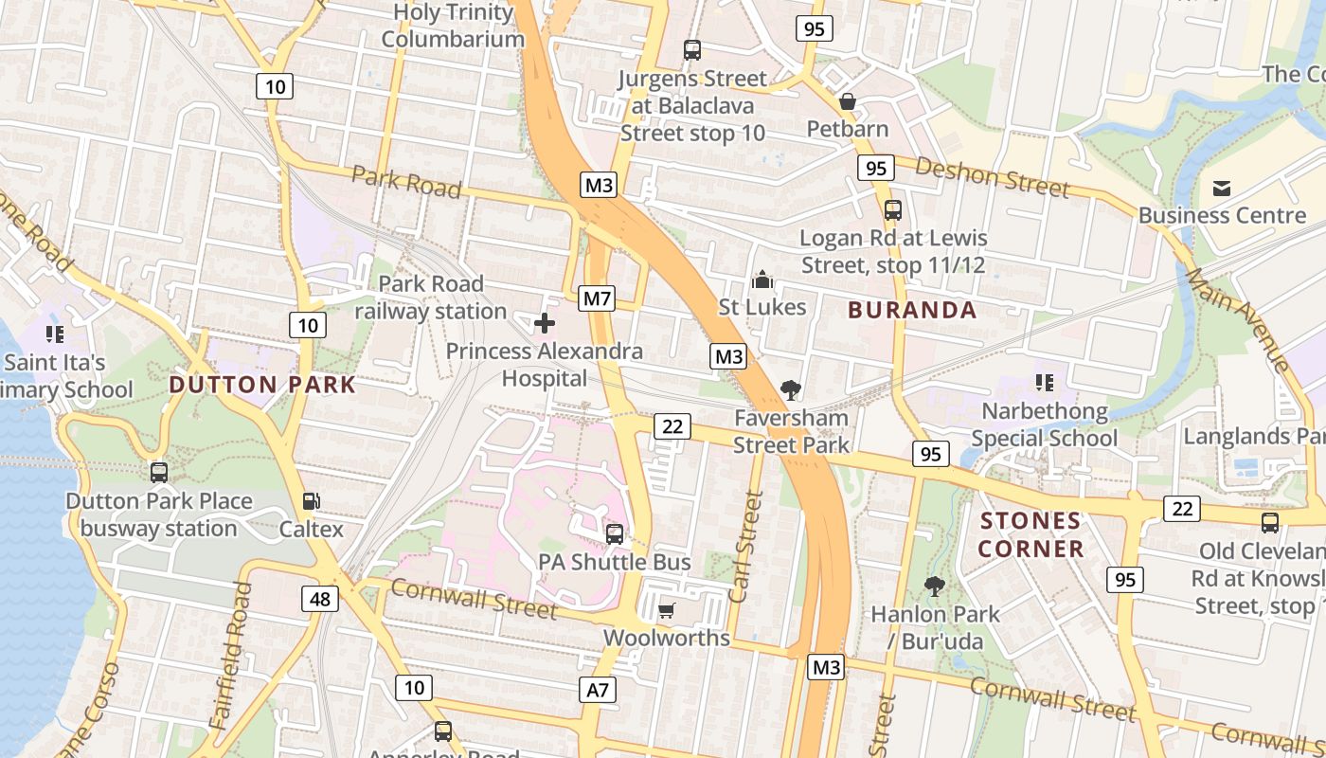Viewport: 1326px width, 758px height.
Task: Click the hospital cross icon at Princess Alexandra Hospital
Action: (545, 324)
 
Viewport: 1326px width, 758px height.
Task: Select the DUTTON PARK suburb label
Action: (262, 385)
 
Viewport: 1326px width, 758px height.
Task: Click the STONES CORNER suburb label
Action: (1030, 534)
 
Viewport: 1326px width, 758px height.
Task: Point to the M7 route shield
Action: (597, 299)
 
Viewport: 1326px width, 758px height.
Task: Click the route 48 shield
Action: (320, 599)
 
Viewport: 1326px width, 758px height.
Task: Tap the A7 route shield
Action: (598, 690)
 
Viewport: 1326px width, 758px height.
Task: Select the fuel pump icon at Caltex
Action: (311, 501)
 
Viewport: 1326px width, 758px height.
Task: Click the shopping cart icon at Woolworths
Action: (667, 610)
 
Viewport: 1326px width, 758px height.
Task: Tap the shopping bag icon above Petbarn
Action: (848, 100)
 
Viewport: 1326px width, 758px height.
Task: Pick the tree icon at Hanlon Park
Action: (935, 587)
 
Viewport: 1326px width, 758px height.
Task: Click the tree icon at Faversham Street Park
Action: (790, 389)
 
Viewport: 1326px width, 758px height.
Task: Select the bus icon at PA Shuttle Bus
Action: (615, 533)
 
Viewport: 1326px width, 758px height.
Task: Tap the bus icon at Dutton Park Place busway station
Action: (159, 472)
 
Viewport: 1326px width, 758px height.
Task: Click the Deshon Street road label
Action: (992, 177)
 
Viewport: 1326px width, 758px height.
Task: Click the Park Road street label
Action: (406, 181)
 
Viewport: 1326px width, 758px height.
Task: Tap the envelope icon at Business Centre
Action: (1222, 189)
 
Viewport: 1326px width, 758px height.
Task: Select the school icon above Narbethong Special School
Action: (1044, 383)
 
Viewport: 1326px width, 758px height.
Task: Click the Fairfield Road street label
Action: (233, 654)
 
